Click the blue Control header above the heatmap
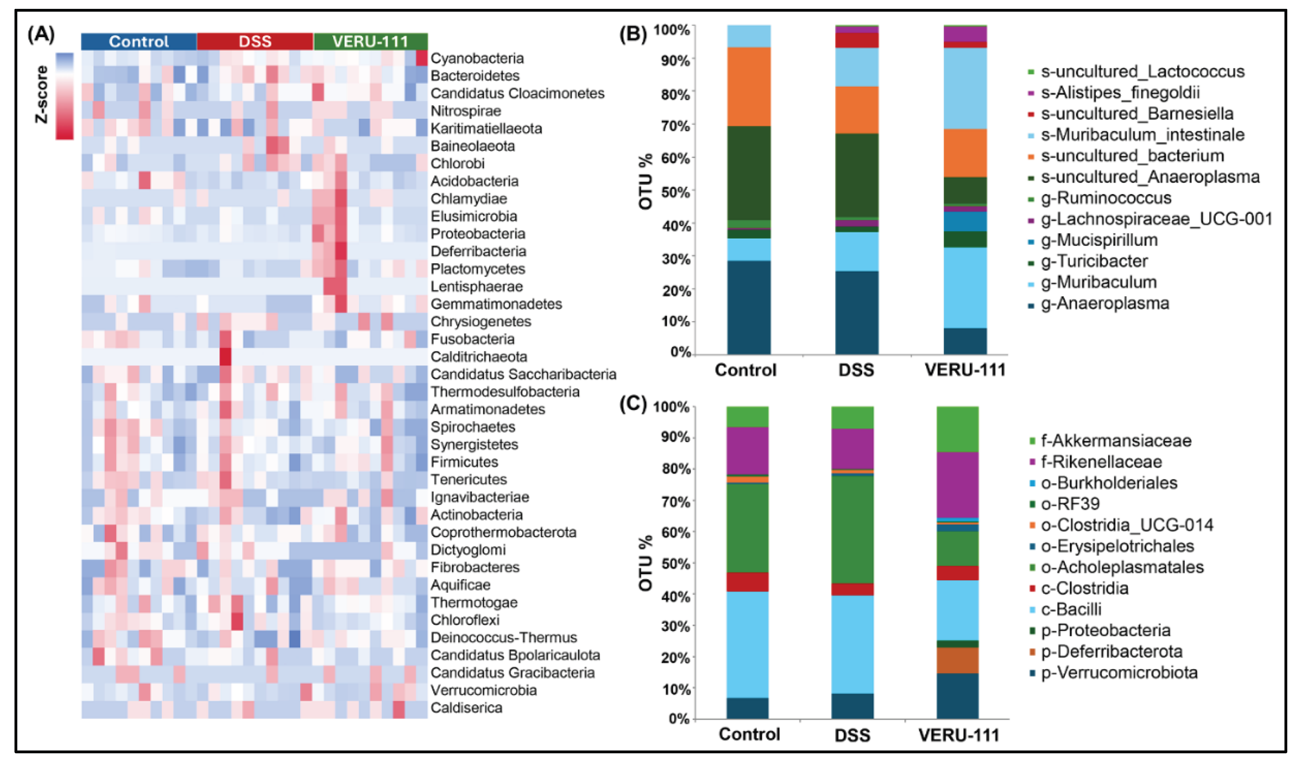click(138, 41)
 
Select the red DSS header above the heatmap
click(255, 41)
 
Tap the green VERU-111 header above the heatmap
click(370, 41)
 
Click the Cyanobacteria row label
click(477, 58)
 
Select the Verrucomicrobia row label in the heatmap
click(483, 690)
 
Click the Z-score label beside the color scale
click(41, 95)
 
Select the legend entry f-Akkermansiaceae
click(1115, 440)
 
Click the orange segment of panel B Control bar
click(748, 86)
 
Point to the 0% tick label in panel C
click(678, 719)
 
